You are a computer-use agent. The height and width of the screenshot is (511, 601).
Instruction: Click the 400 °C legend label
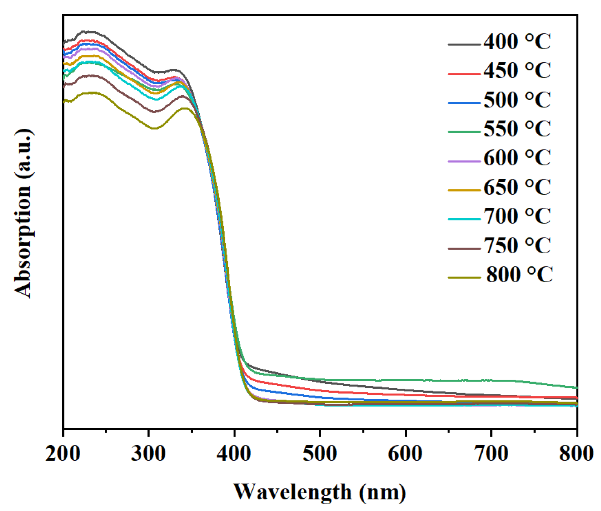click(x=517, y=41)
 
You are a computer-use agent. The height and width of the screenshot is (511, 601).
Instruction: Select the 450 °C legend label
click(x=517, y=70)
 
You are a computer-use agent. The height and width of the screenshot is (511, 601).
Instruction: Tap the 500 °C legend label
click(x=517, y=100)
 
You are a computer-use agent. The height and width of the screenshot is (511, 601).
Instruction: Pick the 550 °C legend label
click(x=517, y=129)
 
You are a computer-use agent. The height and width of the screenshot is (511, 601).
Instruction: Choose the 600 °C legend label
click(x=517, y=158)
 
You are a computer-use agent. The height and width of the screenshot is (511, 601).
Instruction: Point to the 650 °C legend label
click(x=517, y=187)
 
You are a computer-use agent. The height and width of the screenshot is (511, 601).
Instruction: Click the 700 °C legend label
click(x=517, y=216)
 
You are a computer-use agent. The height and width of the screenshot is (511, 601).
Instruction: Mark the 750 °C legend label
click(x=517, y=245)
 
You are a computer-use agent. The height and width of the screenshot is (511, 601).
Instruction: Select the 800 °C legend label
click(x=519, y=274)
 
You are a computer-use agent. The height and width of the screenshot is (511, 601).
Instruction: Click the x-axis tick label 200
click(x=63, y=453)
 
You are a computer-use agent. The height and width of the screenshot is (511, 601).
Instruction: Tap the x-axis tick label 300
click(x=148, y=453)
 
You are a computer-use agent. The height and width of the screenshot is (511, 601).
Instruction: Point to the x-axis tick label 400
click(x=234, y=453)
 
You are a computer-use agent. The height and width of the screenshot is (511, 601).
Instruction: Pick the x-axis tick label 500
click(x=320, y=453)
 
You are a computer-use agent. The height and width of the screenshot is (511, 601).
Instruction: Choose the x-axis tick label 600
click(x=405, y=453)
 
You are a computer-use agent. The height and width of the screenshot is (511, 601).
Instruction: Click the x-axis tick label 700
click(x=491, y=453)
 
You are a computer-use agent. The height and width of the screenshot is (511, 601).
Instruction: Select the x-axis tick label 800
click(x=577, y=453)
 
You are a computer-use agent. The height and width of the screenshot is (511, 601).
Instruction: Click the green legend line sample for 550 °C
click(x=464, y=132)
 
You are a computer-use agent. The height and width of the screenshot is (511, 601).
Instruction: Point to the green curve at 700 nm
click(x=491, y=380)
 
